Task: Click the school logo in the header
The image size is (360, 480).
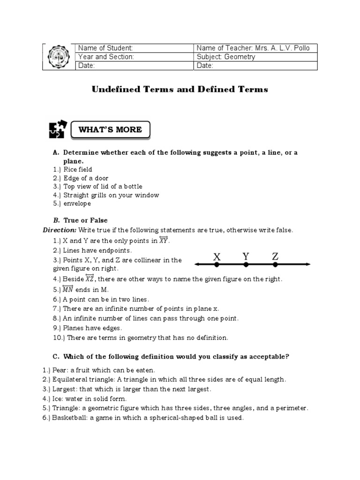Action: point(59,57)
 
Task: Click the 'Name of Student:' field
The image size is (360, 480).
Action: point(105,48)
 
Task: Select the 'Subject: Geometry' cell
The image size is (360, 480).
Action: point(226,57)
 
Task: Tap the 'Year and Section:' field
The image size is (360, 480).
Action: point(106,57)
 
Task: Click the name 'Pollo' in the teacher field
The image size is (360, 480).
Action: point(300,48)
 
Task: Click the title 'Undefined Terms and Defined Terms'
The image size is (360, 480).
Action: point(180,90)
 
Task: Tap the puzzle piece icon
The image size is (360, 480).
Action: point(57,130)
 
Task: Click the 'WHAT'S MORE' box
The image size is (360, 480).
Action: point(111,129)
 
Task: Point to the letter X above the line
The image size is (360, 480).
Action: point(217,256)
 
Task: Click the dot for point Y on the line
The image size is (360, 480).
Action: point(246,265)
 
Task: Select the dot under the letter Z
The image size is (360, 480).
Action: point(275,265)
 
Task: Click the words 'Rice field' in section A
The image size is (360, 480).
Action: point(78,170)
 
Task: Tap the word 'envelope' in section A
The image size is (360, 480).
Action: point(77,204)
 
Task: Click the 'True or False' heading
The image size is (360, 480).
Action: point(85,220)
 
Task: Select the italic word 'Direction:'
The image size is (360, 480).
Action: point(60,230)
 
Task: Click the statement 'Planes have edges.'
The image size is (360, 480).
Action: point(92,328)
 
